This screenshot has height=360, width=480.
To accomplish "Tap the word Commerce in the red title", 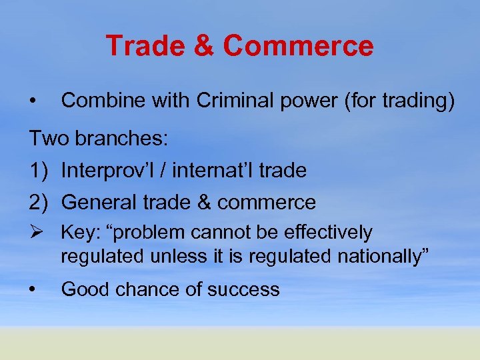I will click(298, 47).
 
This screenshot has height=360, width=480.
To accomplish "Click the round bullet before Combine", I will click(32, 102).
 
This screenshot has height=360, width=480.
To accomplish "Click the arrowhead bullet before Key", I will click(36, 233).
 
